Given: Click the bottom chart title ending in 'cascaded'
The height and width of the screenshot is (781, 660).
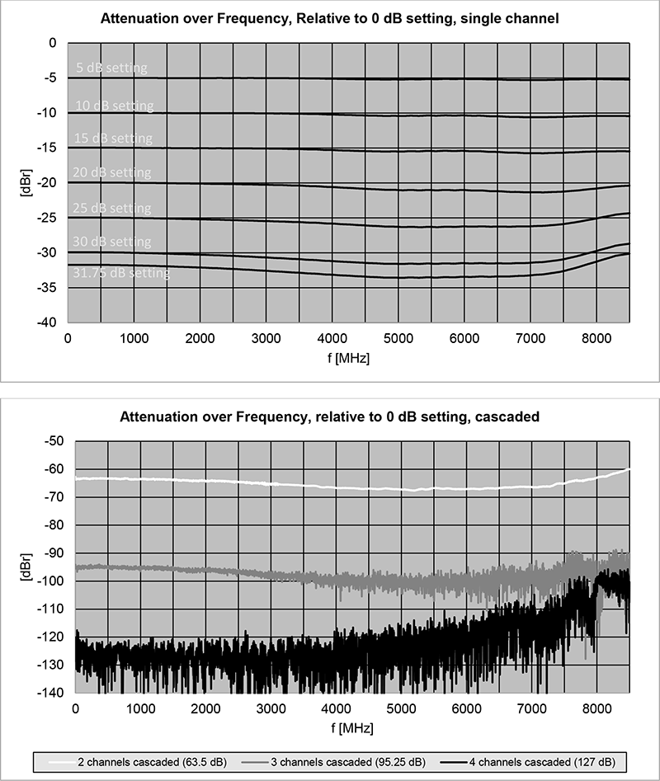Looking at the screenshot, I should point(330,417).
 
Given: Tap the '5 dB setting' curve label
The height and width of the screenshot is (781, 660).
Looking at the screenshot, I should point(111,68).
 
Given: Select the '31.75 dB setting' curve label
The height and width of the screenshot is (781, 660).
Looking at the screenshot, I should point(120,273).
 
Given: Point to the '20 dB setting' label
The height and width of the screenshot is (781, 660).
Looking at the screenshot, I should point(112,172).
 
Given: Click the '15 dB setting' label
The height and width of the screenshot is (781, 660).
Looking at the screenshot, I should point(113,138).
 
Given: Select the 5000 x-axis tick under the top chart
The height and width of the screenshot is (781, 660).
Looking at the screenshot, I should point(398,338).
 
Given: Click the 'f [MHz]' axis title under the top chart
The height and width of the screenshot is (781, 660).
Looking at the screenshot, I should point(347,360).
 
